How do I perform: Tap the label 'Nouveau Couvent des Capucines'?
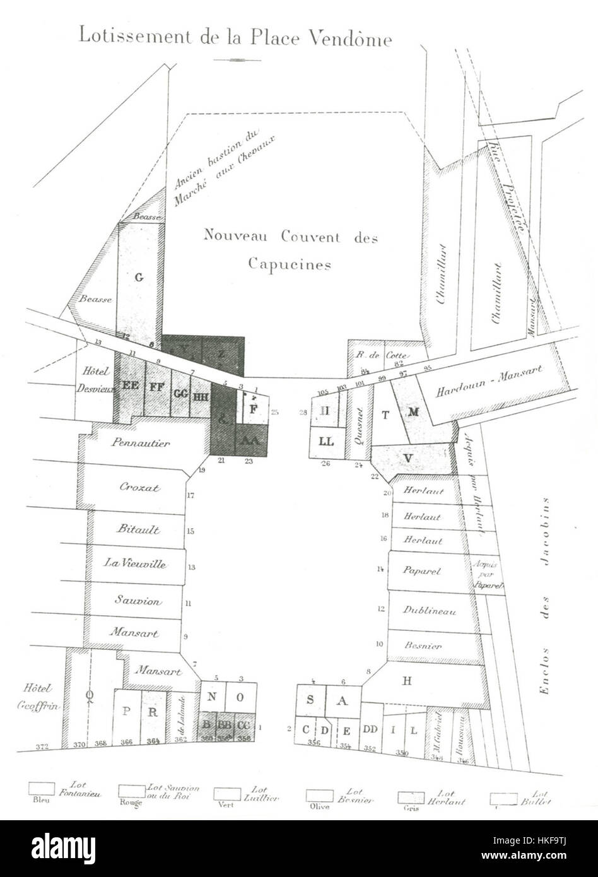290,249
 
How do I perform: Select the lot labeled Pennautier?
141,443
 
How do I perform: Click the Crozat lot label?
139,487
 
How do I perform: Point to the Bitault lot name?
138,529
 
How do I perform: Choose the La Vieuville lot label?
135,563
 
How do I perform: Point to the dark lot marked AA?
250,441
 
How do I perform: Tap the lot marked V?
408,457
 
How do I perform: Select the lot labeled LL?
326,441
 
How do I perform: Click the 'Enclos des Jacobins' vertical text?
546,596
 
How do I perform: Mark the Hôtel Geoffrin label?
38,697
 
